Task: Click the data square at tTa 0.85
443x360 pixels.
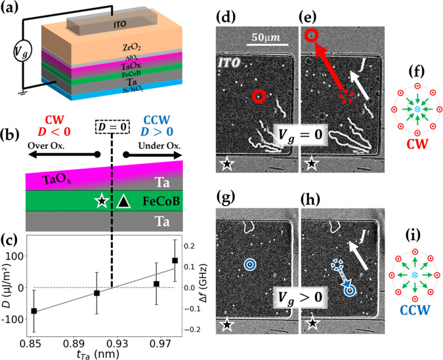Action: (x=33, y=311)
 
